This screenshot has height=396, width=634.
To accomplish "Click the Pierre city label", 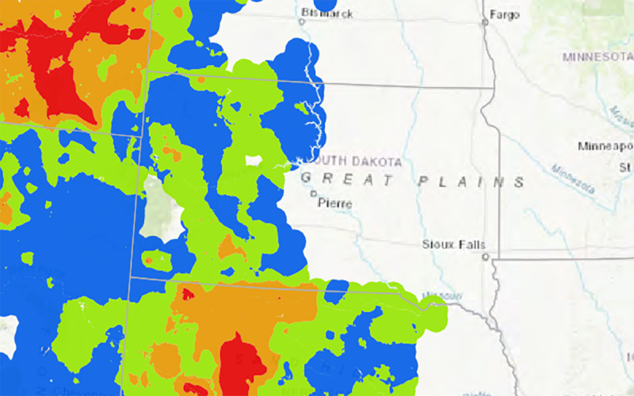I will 334,203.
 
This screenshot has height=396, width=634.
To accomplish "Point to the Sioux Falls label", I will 454,245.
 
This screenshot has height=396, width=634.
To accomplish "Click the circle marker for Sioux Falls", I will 485,256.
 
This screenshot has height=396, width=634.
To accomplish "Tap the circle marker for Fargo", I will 484,22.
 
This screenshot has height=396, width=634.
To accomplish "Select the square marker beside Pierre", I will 313,193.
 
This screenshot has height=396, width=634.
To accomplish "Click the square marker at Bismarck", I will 301,21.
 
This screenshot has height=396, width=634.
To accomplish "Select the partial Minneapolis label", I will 605,147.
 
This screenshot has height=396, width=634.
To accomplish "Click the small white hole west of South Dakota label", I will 254,161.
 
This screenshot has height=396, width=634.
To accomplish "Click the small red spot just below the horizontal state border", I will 188,294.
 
